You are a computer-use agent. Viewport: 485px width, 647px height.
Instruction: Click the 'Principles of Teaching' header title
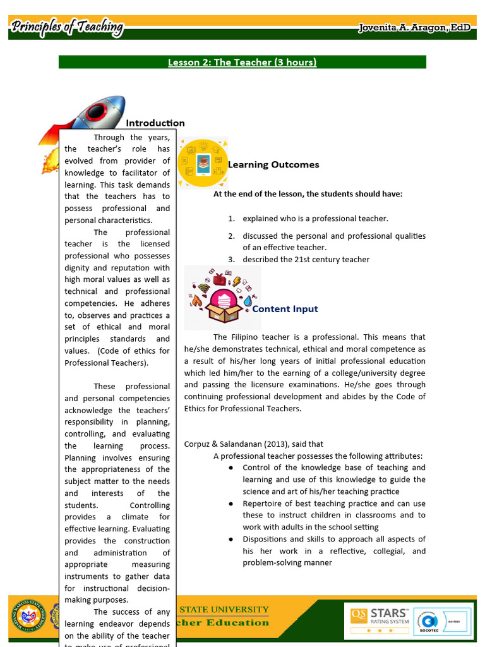pyautogui.click(x=68, y=27)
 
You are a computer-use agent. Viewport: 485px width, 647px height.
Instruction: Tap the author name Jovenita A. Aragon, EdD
pyautogui.click(x=413, y=28)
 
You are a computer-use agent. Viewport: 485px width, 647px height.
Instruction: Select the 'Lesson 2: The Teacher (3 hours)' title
pyautogui.click(x=242, y=62)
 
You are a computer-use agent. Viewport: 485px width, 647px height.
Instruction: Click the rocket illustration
pyautogui.click(x=88, y=120)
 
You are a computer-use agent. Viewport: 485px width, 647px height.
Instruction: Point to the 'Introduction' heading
pyautogui.click(x=155, y=123)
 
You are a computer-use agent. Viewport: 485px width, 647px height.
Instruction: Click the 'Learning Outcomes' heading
pyautogui.click(x=273, y=165)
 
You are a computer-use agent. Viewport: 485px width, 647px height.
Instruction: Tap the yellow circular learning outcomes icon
pyautogui.click(x=203, y=163)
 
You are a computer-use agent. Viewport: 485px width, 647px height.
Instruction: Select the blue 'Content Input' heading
pyautogui.click(x=285, y=309)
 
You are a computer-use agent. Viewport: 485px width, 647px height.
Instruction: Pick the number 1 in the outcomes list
pyautogui.click(x=231, y=219)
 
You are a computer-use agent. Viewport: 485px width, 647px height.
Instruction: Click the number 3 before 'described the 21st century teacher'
pyautogui.click(x=231, y=260)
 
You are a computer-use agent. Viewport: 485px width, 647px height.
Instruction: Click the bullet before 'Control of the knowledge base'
pyautogui.click(x=231, y=468)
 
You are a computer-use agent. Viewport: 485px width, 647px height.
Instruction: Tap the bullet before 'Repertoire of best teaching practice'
pyautogui.click(x=231, y=504)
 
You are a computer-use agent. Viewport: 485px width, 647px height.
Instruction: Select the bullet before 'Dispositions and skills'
pyautogui.click(x=231, y=540)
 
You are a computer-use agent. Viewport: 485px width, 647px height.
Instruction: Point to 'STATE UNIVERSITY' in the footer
pyautogui.click(x=224, y=610)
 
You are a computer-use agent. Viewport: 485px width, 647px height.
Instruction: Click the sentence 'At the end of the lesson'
pyautogui.click(x=308, y=194)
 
